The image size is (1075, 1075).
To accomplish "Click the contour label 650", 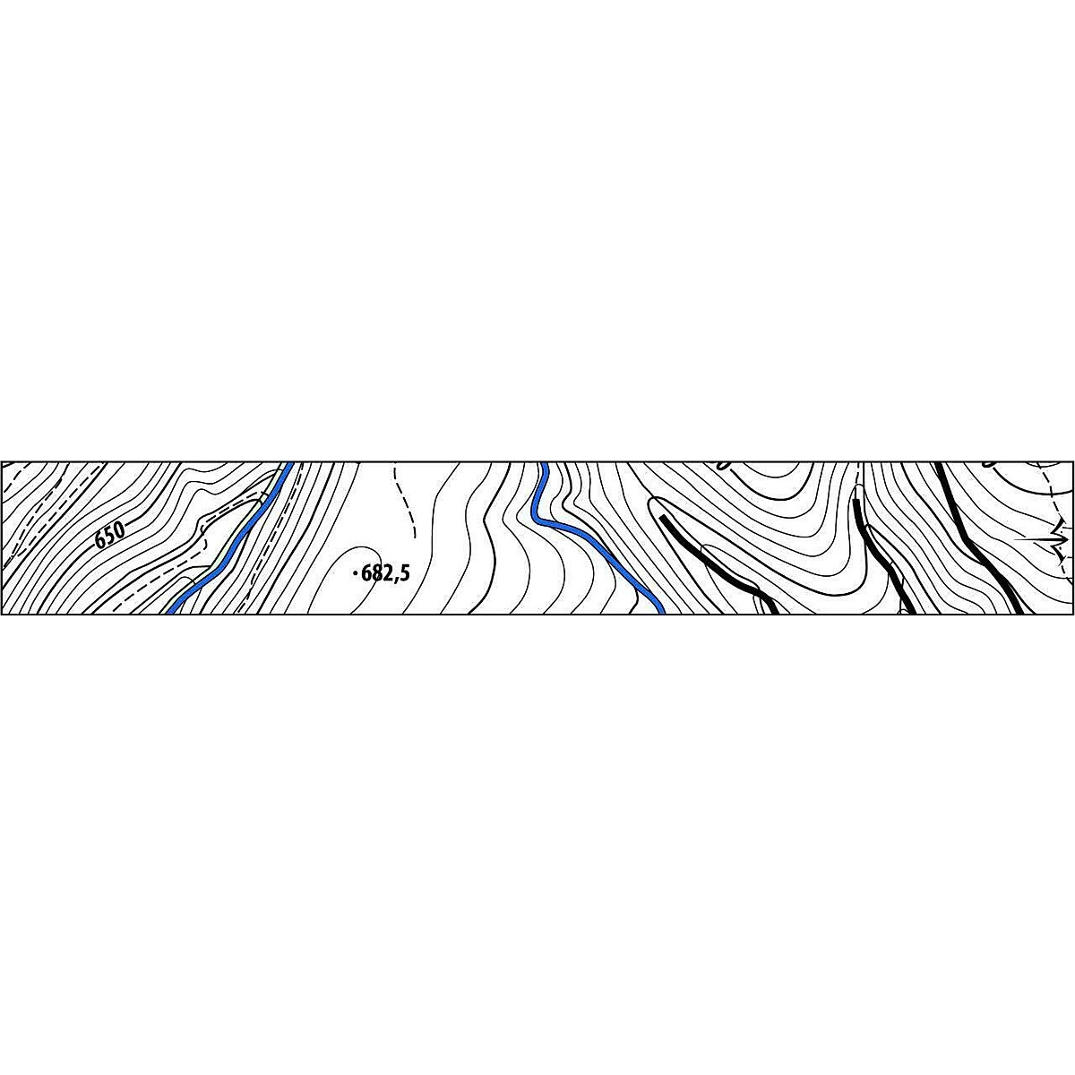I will pos(108,536).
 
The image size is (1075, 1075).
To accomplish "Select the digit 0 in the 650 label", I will pos(118,529).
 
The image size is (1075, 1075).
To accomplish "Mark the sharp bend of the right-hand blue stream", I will pos(536,517).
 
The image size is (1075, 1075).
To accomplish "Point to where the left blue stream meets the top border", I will pos(290,464).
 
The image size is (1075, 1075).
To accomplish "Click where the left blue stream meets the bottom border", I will pos(170,612).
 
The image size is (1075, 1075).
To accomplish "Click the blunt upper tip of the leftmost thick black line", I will pos(663,518).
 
